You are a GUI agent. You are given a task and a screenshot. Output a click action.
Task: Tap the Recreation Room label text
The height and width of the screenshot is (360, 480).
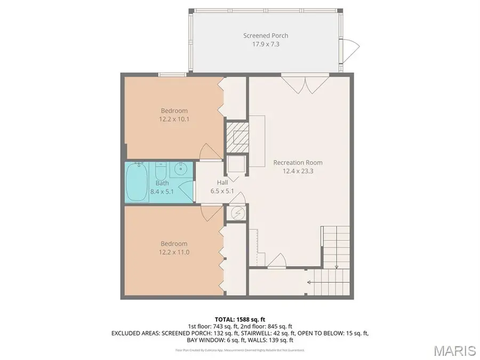click(x=298, y=163)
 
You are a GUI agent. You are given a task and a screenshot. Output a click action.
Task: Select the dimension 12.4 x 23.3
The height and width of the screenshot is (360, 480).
click(x=298, y=171)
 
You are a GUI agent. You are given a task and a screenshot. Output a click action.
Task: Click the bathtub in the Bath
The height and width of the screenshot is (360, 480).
click(x=138, y=182)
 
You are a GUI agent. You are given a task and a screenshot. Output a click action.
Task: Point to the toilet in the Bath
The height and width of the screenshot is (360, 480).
click(x=161, y=172)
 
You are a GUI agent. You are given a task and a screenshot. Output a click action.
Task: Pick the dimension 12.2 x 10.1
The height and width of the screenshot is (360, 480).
click(x=174, y=119)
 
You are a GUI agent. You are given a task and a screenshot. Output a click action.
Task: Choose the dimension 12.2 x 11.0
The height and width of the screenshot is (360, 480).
click(x=174, y=252)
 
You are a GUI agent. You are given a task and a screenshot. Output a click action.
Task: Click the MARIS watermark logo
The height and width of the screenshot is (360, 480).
click(x=454, y=350)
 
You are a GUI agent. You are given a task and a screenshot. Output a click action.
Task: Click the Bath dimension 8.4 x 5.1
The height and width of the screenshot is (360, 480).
click(x=162, y=191)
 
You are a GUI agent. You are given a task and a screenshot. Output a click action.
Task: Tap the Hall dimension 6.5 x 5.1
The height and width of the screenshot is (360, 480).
click(x=222, y=191)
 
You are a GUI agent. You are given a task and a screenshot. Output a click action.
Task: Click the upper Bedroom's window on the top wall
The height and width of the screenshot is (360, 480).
click(x=172, y=75)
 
